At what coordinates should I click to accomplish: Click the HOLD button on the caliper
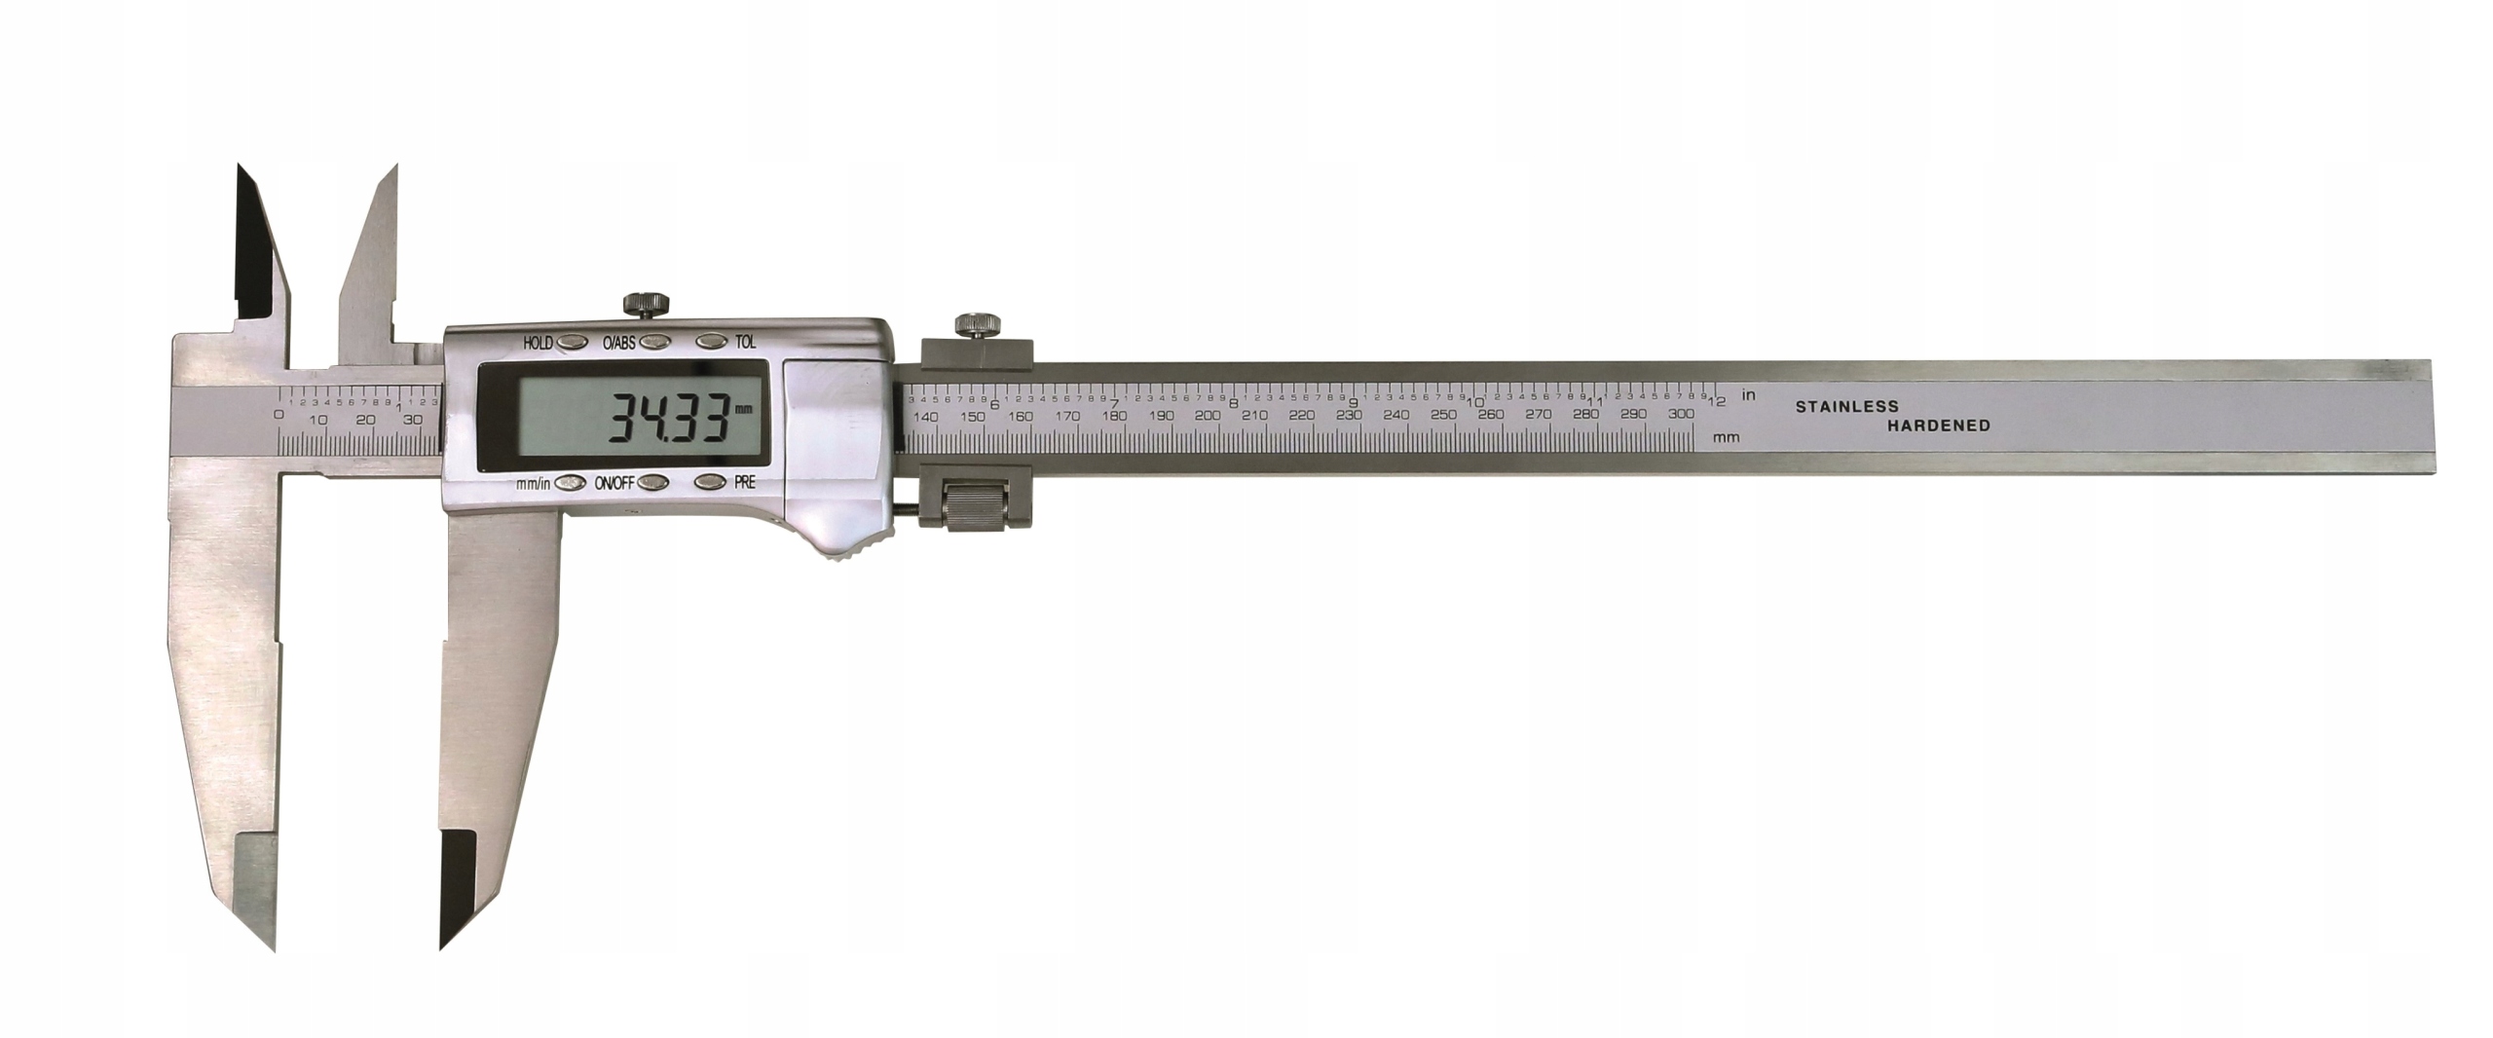click(x=574, y=342)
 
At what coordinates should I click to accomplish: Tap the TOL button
click(x=712, y=342)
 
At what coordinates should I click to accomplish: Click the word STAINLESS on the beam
click(x=1847, y=407)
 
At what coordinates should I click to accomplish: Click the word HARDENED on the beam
click(x=1939, y=426)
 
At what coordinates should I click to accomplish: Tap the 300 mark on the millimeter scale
click(x=1679, y=415)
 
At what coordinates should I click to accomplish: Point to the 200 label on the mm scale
click(x=1208, y=416)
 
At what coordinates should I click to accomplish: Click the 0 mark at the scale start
click(x=279, y=415)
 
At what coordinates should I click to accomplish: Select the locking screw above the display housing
click(x=644, y=304)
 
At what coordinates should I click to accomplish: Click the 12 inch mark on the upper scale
click(x=1720, y=401)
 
